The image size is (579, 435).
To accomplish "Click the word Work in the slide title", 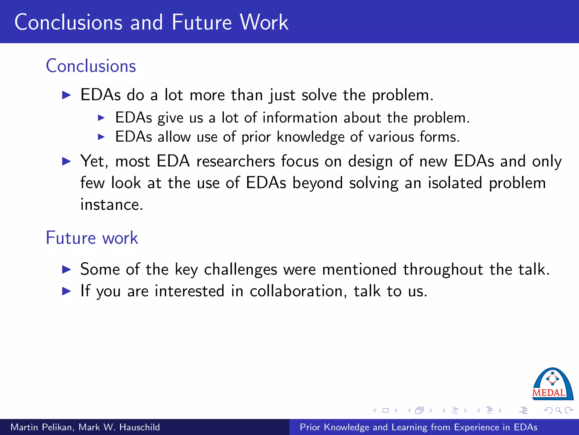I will (264, 22).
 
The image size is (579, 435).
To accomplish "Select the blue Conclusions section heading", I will (91, 66).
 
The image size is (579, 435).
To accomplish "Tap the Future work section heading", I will (92, 238).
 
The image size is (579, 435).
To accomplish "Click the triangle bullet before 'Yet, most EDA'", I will (66, 161).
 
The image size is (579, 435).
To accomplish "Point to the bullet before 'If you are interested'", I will (66, 291).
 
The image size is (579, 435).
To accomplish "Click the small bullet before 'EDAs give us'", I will (101, 118).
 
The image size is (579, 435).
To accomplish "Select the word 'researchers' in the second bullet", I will (236, 161).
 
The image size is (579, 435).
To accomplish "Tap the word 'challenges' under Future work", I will (241, 269).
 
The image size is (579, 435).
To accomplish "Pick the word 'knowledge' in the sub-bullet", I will (310, 137).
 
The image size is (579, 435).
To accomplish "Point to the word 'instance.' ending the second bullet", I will (112, 205).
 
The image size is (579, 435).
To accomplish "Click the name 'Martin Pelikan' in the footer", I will (42, 427).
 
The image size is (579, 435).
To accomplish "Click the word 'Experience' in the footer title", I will (477, 427).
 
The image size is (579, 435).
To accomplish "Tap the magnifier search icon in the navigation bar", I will (558, 410).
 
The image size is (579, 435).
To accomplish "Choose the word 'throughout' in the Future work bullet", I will (443, 269).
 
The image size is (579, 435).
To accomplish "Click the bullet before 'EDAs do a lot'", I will (66, 95).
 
